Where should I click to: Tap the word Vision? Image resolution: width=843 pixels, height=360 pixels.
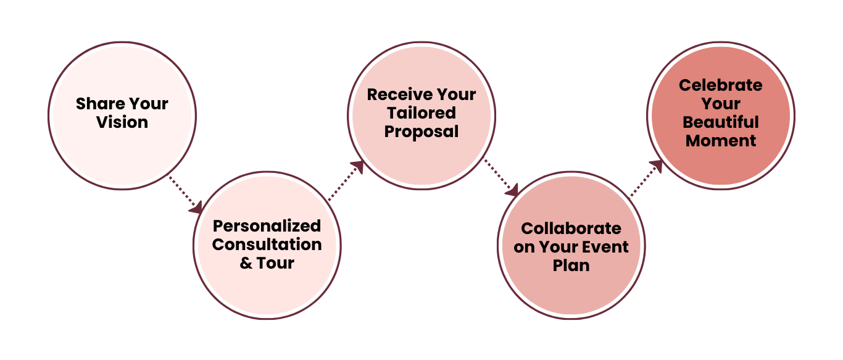(x=122, y=122)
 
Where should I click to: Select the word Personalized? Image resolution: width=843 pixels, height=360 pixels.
(x=267, y=226)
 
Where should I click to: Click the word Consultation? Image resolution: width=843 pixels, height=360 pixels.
(x=267, y=245)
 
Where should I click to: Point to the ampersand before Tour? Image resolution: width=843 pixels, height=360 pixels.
(x=246, y=263)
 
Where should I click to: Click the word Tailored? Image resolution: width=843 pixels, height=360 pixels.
(x=421, y=113)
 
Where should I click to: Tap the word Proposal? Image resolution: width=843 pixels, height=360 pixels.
(x=421, y=132)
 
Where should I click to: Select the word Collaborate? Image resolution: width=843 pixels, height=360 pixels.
(x=571, y=228)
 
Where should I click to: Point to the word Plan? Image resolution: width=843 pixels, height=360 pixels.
(x=571, y=266)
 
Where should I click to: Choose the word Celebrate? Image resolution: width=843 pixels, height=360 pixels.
(x=720, y=85)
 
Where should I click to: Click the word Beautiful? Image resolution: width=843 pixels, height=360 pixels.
(x=720, y=122)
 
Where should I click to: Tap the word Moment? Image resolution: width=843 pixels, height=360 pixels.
(x=720, y=141)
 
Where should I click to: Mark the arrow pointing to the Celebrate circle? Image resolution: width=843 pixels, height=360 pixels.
(x=646, y=179)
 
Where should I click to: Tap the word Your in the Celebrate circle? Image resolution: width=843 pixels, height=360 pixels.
(x=720, y=104)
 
